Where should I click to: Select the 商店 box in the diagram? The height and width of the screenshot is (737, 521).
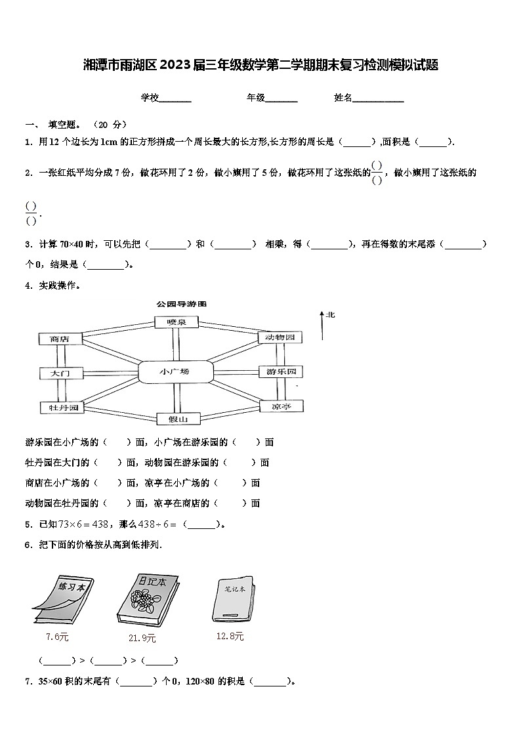coord(60,339)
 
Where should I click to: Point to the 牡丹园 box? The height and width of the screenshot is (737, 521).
coord(60,408)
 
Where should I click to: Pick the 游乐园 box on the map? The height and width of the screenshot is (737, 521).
coord(281,372)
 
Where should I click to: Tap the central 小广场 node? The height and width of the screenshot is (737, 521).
coord(175,372)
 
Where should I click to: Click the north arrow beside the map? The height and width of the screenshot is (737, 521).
coord(322,325)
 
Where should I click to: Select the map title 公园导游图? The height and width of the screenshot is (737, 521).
coord(182,305)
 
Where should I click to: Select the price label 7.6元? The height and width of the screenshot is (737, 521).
coord(57,637)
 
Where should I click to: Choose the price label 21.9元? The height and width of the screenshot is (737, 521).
coord(142,638)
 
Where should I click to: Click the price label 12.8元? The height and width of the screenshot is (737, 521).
coord(230,636)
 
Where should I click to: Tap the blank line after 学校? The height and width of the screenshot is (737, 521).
coord(175,99)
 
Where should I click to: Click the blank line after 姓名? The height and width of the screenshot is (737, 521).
coord(379,99)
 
